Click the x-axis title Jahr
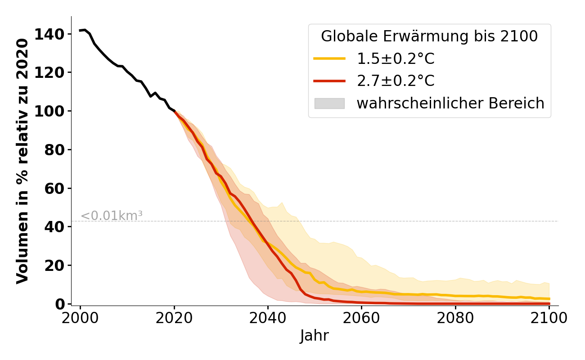pyautogui.click(x=315, y=336)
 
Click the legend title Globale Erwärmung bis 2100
pyautogui.click(x=429, y=36)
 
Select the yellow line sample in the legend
pyautogui.click(x=329, y=58)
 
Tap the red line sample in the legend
pyautogui.click(x=329, y=81)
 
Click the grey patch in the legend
pyautogui.click(x=329, y=103)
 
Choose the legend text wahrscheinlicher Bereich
pyautogui.click(x=450, y=103)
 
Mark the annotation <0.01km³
pyautogui.click(x=112, y=216)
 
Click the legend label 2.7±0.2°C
pyautogui.click(x=396, y=81)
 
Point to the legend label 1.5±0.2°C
pyautogui.click(x=396, y=58)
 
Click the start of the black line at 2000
pyautogui.click(x=81, y=31)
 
